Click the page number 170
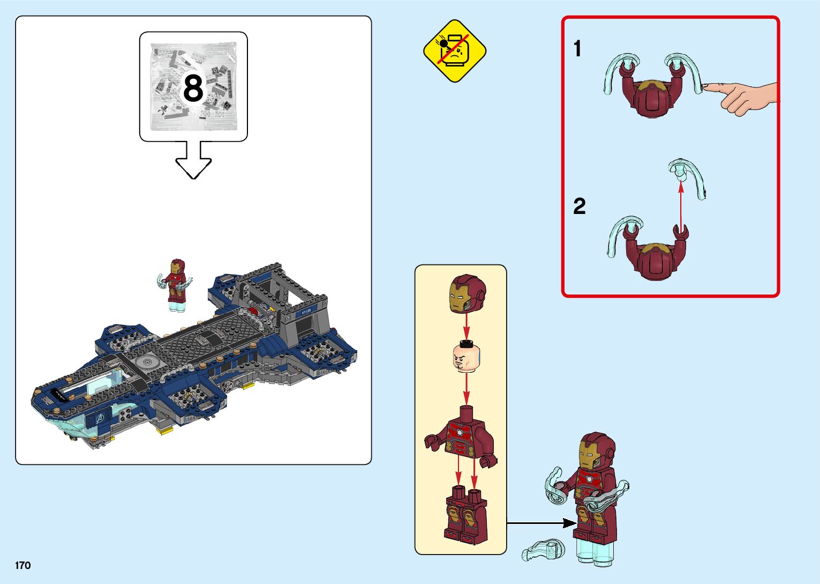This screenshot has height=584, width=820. tap(22, 565)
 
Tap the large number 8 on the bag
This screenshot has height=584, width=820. tap(193, 88)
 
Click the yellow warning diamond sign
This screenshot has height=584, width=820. tap(455, 51)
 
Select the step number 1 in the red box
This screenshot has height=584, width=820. tap(577, 48)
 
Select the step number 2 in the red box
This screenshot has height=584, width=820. tap(579, 206)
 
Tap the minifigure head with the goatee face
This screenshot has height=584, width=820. tap(466, 357)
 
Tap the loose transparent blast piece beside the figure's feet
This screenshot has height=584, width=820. tap(543, 550)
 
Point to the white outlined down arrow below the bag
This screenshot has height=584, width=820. tap(193, 160)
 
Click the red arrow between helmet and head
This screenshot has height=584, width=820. tap(466, 327)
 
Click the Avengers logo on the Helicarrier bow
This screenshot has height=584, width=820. tap(99, 419)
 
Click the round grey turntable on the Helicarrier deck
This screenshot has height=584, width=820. tap(148, 362)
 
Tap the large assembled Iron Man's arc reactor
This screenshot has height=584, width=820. tap(589, 479)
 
